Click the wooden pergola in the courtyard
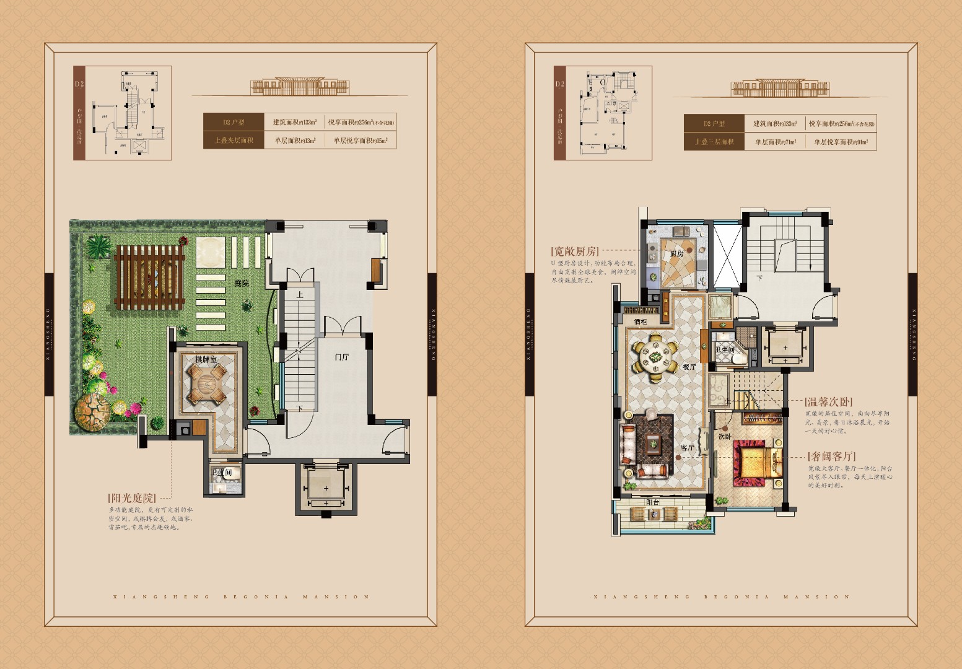[x=149, y=277]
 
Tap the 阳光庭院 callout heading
[x=131, y=498]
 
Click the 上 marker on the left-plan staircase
[x=300, y=295]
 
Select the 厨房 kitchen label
[x=676, y=253]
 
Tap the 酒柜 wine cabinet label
[x=641, y=322]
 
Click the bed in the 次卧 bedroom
[x=753, y=461]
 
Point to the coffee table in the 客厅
[x=653, y=444]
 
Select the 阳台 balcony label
[x=652, y=502]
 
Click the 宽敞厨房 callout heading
[x=575, y=251]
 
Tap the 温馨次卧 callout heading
[x=828, y=402]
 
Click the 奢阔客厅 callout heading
[x=832, y=457]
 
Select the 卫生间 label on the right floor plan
[x=724, y=350]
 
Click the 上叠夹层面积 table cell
[x=234, y=141]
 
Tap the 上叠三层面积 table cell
[x=714, y=142]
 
